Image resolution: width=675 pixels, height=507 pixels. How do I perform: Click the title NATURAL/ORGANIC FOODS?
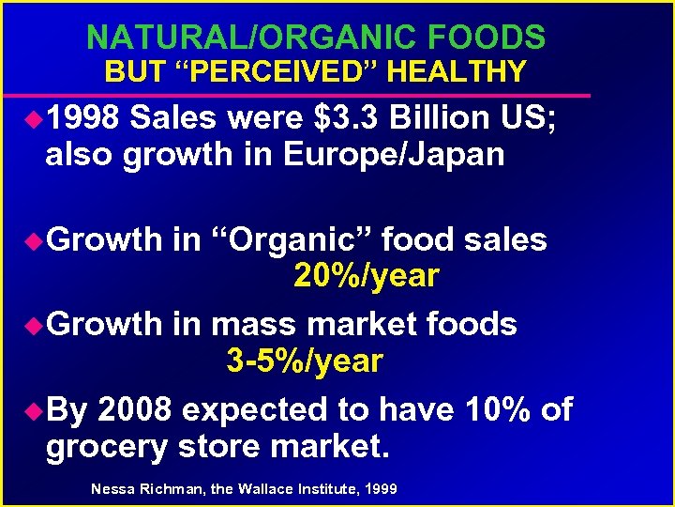coord(315,38)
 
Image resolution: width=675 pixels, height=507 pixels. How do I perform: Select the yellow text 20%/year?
coord(366,276)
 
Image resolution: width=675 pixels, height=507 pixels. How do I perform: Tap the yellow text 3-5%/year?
coord(305,361)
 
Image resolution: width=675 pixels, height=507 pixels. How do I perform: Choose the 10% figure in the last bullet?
coord(498,409)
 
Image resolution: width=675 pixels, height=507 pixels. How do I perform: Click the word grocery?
coord(102,447)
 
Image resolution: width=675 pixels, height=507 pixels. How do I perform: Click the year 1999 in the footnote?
coord(379,489)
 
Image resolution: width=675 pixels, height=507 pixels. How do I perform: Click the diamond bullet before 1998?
coord(34,120)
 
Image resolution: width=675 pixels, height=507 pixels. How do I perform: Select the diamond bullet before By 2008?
coord(34,410)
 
